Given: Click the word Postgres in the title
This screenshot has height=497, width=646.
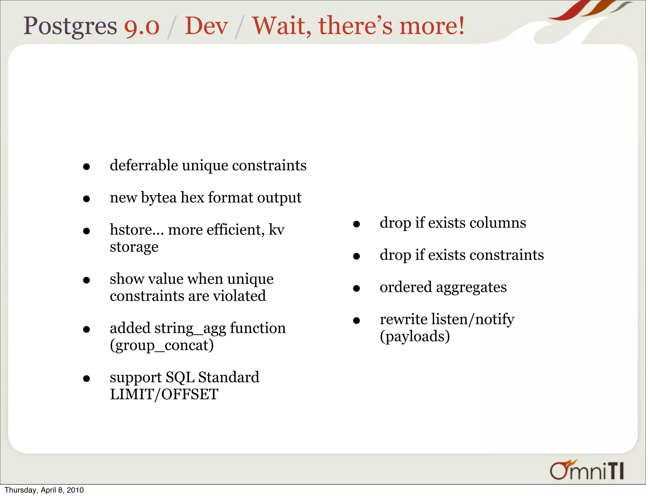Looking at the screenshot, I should point(70,26).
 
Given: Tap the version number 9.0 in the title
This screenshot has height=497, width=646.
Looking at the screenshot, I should point(142,26).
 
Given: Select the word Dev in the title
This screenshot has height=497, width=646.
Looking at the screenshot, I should point(206,26).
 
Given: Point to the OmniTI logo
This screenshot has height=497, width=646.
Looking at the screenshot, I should point(587,471).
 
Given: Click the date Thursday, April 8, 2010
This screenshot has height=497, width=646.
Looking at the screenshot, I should point(44,490).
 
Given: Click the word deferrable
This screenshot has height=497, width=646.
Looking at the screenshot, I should point(144,165).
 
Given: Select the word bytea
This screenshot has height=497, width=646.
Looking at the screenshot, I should point(159,198).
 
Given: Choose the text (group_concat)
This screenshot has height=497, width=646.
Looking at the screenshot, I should point(161,345).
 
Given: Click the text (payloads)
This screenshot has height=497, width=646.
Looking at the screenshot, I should point(414,336).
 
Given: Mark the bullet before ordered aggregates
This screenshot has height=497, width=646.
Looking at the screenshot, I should point(356,288).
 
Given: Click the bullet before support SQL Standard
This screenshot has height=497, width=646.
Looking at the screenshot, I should point(86,378).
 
